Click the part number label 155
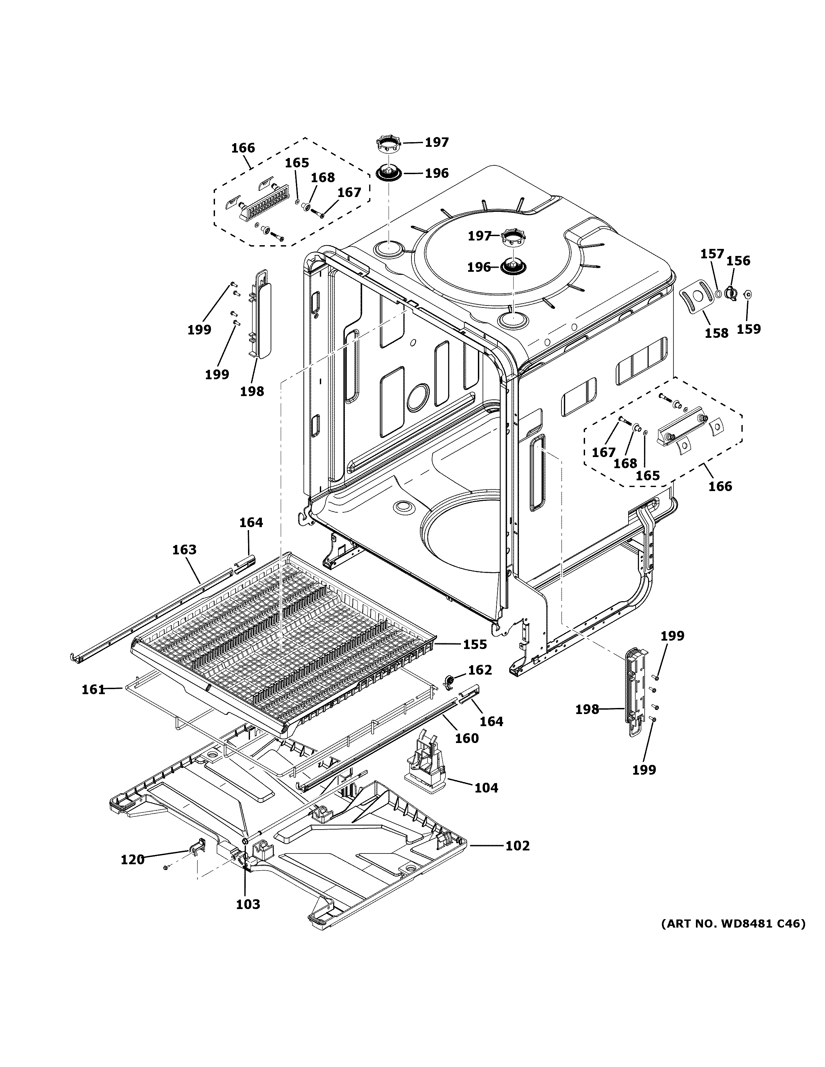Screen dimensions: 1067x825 (x=475, y=644)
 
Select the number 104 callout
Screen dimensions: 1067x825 (x=486, y=787)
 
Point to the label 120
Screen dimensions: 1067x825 (x=132, y=860)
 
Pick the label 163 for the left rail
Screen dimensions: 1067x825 (x=184, y=550)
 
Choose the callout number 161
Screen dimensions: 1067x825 (x=93, y=689)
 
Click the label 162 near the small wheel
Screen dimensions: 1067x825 (x=480, y=670)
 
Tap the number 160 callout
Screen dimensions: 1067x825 (x=466, y=738)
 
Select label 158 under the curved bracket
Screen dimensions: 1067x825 (x=716, y=333)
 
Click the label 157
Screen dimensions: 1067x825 (x=712, y=254)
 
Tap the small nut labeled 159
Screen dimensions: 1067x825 (x=747, y=294)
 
